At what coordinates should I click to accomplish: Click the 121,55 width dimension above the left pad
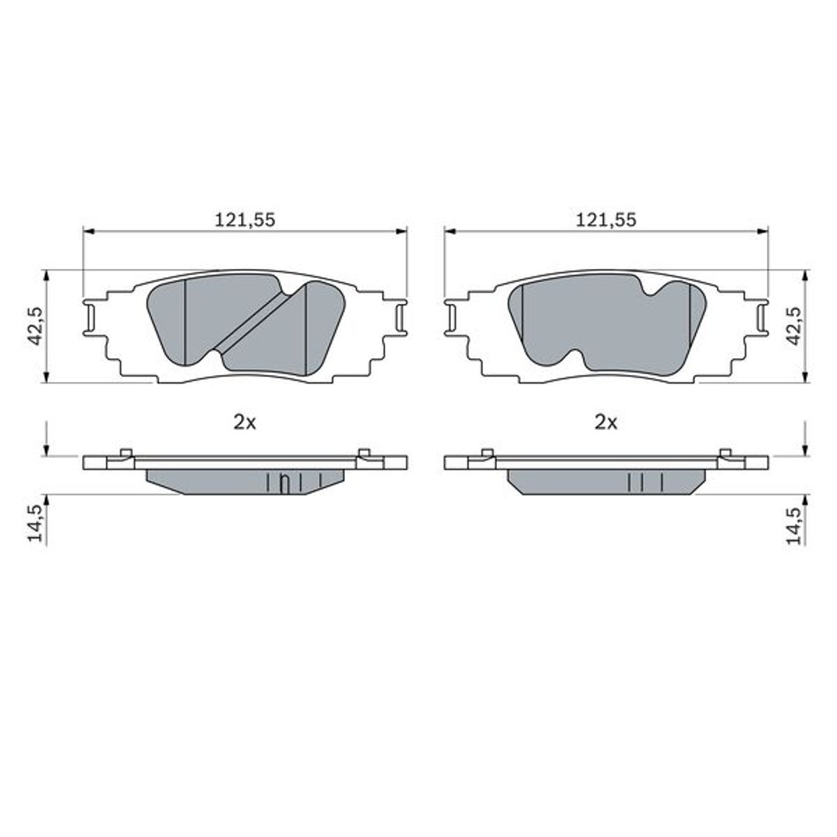(245, 219)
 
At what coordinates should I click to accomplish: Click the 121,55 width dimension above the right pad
(606, 219)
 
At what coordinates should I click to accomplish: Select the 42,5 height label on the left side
(36, 325)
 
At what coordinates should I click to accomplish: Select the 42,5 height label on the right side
(794, 325)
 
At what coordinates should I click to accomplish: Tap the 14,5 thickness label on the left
(36, 524)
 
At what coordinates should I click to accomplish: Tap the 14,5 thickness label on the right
(794, 525)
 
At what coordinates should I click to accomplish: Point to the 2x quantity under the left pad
(245, 423)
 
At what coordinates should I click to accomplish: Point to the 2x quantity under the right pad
(606, 423)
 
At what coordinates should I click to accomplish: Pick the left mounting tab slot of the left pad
(90, 319)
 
